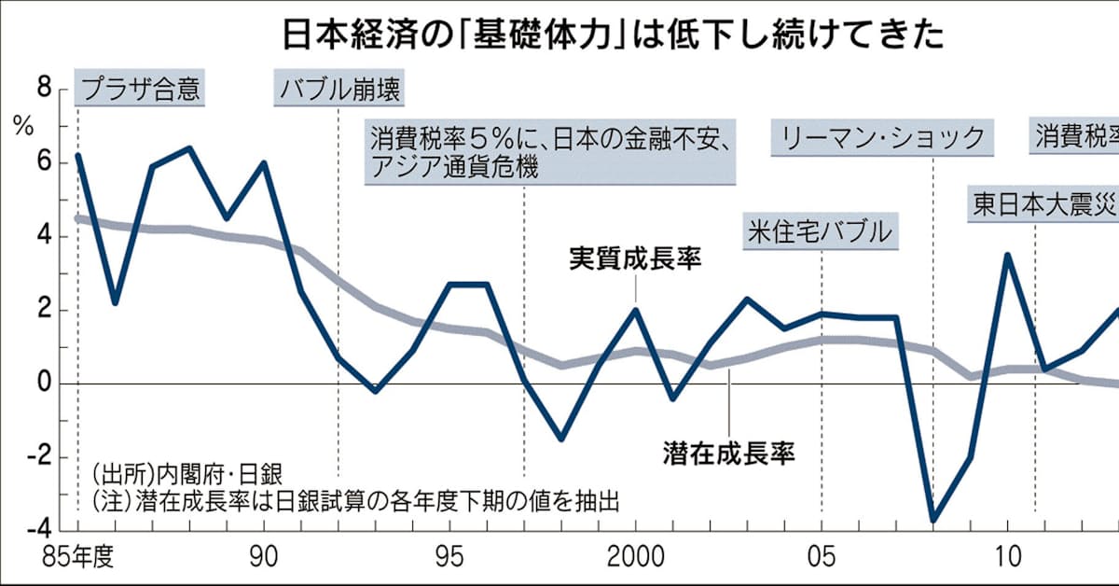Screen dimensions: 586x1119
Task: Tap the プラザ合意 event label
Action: [x=140, y=91]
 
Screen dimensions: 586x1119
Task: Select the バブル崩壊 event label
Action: [x=339, y=91]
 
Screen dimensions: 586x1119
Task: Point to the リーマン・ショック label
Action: [x=881, y=139]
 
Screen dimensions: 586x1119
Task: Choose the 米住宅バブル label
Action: [x=820, y=231]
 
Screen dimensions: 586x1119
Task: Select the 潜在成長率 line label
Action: [x=728, y=454]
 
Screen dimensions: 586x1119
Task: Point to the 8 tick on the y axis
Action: [x=46, y=90]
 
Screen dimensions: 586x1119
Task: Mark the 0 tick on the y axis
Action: [x=46, y=384]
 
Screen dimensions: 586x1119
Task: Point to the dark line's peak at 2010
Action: [x=1007, y=255]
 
